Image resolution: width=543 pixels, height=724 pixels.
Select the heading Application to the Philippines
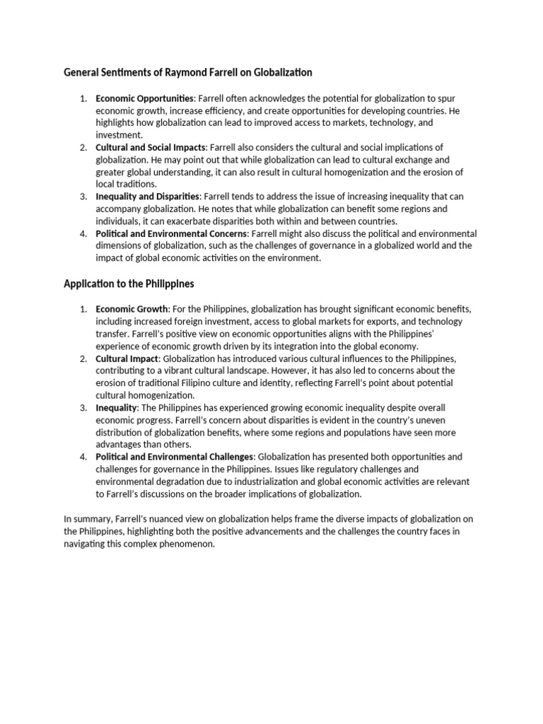pos(129,284)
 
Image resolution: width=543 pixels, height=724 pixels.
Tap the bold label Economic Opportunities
pos(144,98)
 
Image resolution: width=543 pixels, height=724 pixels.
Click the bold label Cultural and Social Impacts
pos(151,147)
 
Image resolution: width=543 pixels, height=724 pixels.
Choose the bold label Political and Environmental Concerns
pos(172,233)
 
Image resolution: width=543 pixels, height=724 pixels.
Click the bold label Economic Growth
pos(132,309)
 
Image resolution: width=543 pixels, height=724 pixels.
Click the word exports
pos(372,322)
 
